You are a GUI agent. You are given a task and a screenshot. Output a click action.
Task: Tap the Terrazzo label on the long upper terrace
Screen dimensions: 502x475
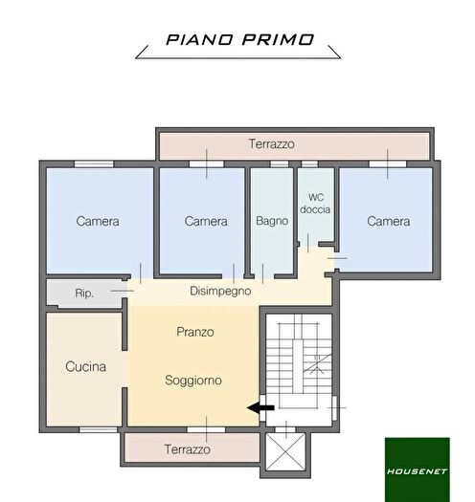[272, 144]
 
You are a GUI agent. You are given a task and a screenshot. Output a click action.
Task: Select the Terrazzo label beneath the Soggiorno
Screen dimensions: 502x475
[188, 448]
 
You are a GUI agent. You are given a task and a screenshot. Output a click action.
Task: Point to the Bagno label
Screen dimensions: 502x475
[272, 221]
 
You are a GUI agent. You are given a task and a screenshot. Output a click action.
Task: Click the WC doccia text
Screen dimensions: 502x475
[315, 204]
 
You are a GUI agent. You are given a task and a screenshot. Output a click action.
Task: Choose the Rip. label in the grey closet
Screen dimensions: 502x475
[84, 294]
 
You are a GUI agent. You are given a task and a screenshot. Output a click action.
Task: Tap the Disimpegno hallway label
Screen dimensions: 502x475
[219, 290]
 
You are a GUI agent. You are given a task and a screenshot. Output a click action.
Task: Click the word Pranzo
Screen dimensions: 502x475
[194, 332]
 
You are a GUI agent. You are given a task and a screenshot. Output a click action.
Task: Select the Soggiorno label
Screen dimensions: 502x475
[192, 380]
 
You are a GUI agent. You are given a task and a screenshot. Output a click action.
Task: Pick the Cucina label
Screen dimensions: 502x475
[85, 366]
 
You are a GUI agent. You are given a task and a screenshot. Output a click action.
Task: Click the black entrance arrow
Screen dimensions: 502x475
[260, 407]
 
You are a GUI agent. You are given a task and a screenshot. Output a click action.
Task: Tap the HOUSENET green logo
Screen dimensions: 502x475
[417, 469]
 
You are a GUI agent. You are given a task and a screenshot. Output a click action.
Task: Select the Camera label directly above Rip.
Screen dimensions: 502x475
[98, 221]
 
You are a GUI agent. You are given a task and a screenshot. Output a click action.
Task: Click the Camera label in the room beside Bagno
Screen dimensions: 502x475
[206, 221]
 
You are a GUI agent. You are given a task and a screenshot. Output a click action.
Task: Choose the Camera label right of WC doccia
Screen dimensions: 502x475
[388, 221]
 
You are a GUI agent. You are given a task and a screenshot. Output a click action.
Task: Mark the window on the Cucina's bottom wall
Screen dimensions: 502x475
[97, 429]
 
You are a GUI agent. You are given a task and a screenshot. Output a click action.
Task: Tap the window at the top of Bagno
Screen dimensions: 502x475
[278, 164]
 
